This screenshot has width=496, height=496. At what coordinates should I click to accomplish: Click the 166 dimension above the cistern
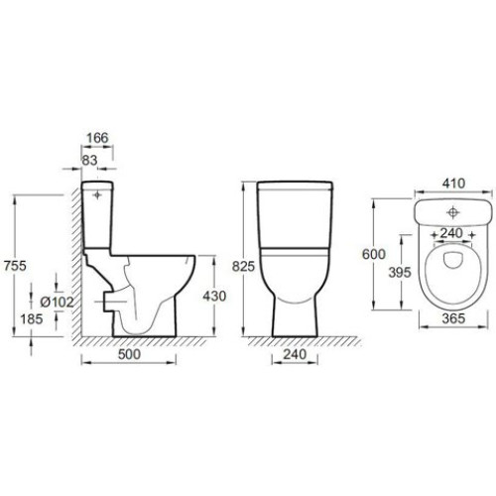click(97, 138)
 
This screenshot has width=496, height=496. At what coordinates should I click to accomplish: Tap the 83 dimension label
click(89, 161)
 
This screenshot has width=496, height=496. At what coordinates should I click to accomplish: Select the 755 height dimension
click(15, 266)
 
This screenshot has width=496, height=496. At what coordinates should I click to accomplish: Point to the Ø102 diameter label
click(57, 302)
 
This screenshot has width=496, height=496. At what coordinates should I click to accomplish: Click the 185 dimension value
click(32, 319)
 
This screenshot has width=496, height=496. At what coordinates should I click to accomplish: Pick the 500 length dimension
click(129, 354)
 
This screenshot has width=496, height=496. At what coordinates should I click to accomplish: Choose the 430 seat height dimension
click(214, 296)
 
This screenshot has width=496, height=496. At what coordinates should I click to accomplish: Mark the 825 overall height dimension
click(243, 266)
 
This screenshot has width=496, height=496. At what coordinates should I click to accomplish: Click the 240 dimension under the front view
click(295, 354)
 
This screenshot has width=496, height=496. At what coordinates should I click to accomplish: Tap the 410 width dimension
click(453, 183)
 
